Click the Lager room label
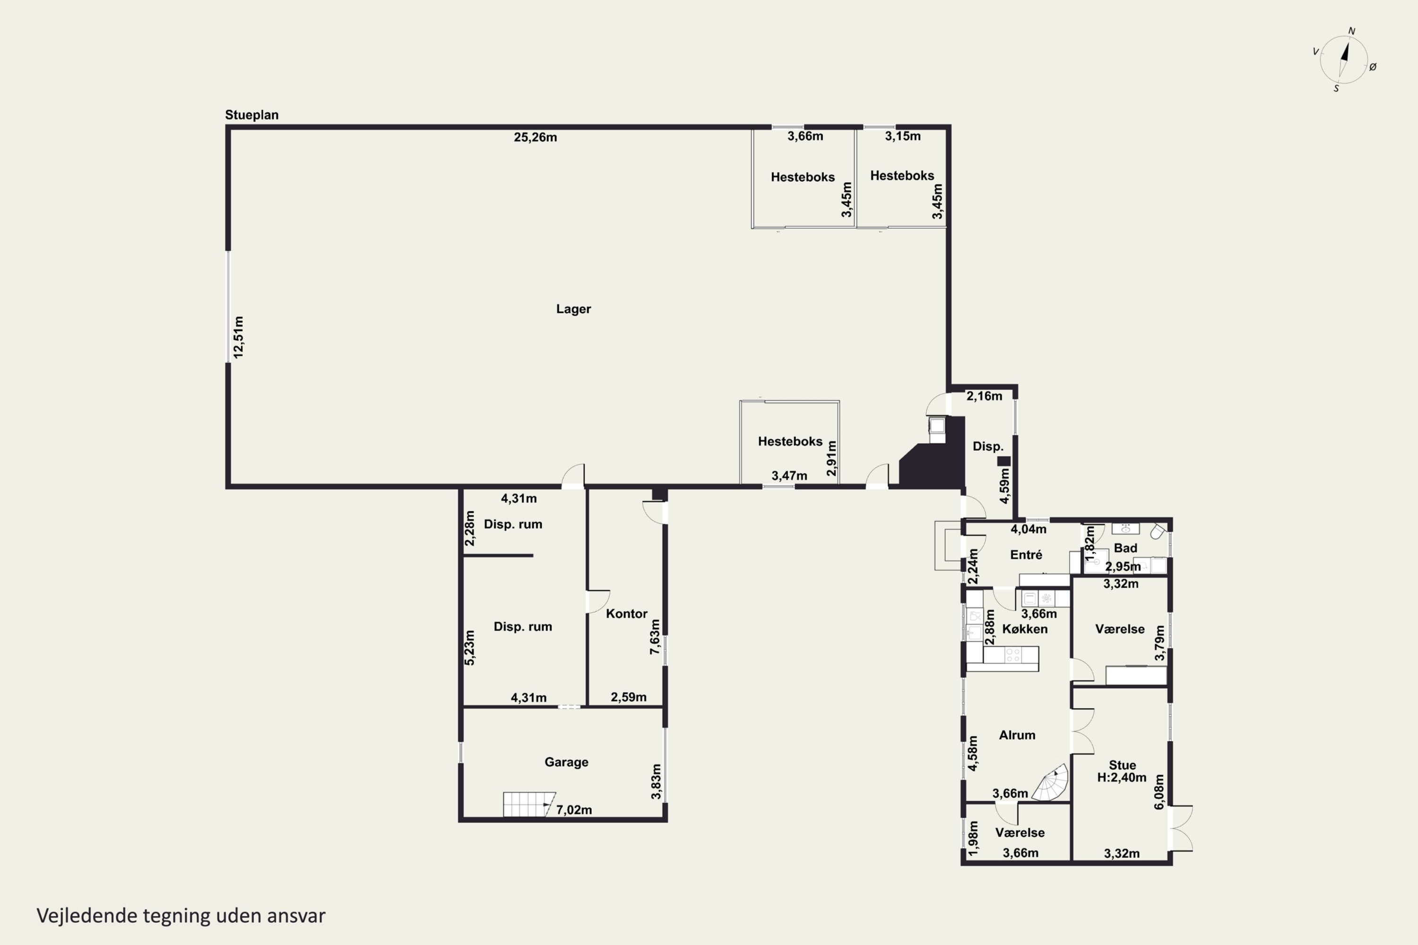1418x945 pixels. click(x=573, y=309)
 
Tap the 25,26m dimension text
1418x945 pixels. click(x=536, y=137)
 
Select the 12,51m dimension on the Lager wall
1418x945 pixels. click(x=239, y=337)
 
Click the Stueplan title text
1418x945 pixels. click(x=252, y=114)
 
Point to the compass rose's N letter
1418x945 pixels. click(x=1352, y=31)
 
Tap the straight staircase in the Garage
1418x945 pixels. click(x=529, y=804)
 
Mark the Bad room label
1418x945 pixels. click(x=1125, y=548)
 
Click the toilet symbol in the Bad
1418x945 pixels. click(x=1157, y=532)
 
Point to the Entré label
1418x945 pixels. click(x=1026, y=554)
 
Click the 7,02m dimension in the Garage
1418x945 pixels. click(x=574, y=810)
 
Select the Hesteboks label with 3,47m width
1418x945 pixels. click(x=790, y=442)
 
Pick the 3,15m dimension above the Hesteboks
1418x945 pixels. click(x=902, y=136)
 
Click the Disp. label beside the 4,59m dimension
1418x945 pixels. click(x=987, y=447)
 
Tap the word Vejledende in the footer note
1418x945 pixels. click(x=87, y=916)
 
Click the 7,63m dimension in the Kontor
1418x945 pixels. click(x=655, y=636)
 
